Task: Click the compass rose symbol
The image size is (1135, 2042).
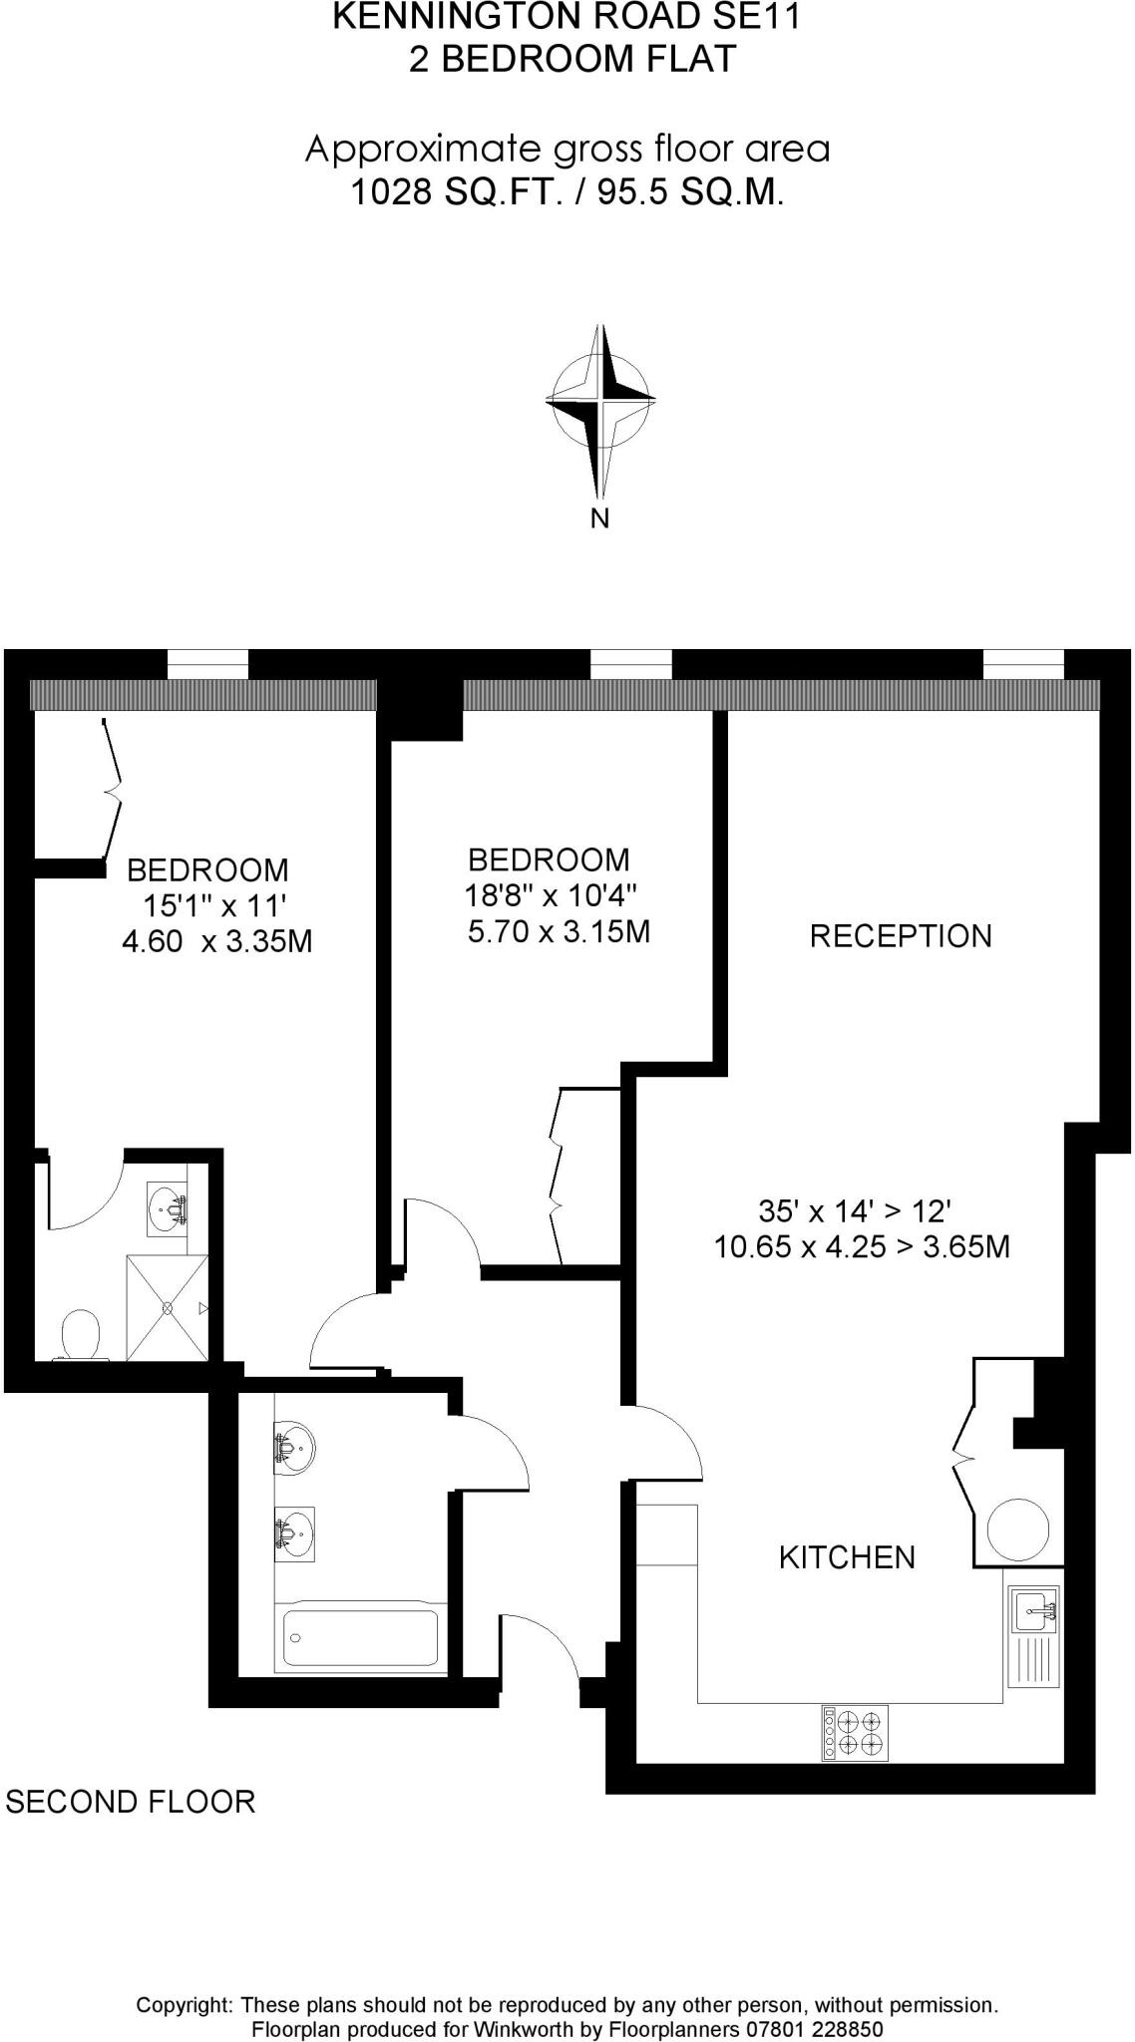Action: (600, 401)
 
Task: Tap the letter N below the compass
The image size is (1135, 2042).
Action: (600, 518)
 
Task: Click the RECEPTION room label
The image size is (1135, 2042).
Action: (901, 936)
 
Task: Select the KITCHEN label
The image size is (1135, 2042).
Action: (847, 1557)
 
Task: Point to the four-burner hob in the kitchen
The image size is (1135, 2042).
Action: (855, 1732)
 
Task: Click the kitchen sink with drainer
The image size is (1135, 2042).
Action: (1033, 1635)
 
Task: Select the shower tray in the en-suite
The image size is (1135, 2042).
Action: (168, 1308)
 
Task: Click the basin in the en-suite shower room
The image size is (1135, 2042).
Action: (168, 1209)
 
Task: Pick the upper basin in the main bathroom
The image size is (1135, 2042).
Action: (295, 1446)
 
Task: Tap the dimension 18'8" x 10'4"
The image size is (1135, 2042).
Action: (551, 895)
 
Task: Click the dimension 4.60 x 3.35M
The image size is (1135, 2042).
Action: (216, 941)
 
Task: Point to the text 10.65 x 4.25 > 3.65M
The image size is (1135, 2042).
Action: (862, 1246)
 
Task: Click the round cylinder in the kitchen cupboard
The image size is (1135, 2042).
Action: (1017, 1528)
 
